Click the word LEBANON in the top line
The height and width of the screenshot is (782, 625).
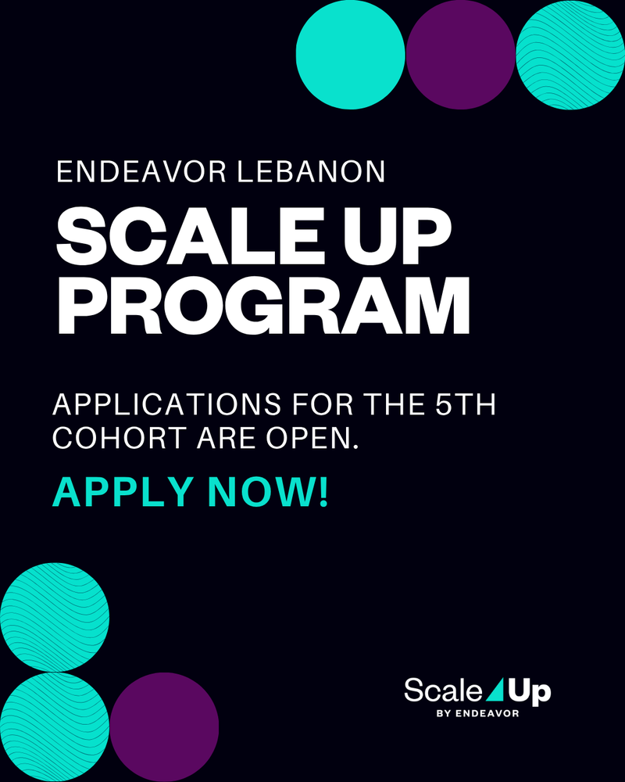(311, 172)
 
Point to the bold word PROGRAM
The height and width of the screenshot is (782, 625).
(263, 306)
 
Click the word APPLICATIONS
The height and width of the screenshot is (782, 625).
(167, 404)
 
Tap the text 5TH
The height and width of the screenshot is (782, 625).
(466, 404)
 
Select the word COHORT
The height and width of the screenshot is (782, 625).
(120, 438)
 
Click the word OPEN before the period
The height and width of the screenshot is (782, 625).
(309, 438)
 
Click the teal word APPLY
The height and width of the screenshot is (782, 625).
(123, 492)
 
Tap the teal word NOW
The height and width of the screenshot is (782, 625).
(260, 492)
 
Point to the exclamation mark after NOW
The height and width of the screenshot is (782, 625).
(323, 492)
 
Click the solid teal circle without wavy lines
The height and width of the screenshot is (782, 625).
(350, 55)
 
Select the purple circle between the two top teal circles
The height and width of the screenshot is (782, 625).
(460, 55)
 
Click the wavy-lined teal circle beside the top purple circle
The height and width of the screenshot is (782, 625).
(570, 55)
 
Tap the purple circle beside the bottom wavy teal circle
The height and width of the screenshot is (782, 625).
(165, 727)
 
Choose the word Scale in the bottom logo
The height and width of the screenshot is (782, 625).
(443, 691)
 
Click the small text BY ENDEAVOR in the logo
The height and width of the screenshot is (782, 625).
(477, 713)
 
